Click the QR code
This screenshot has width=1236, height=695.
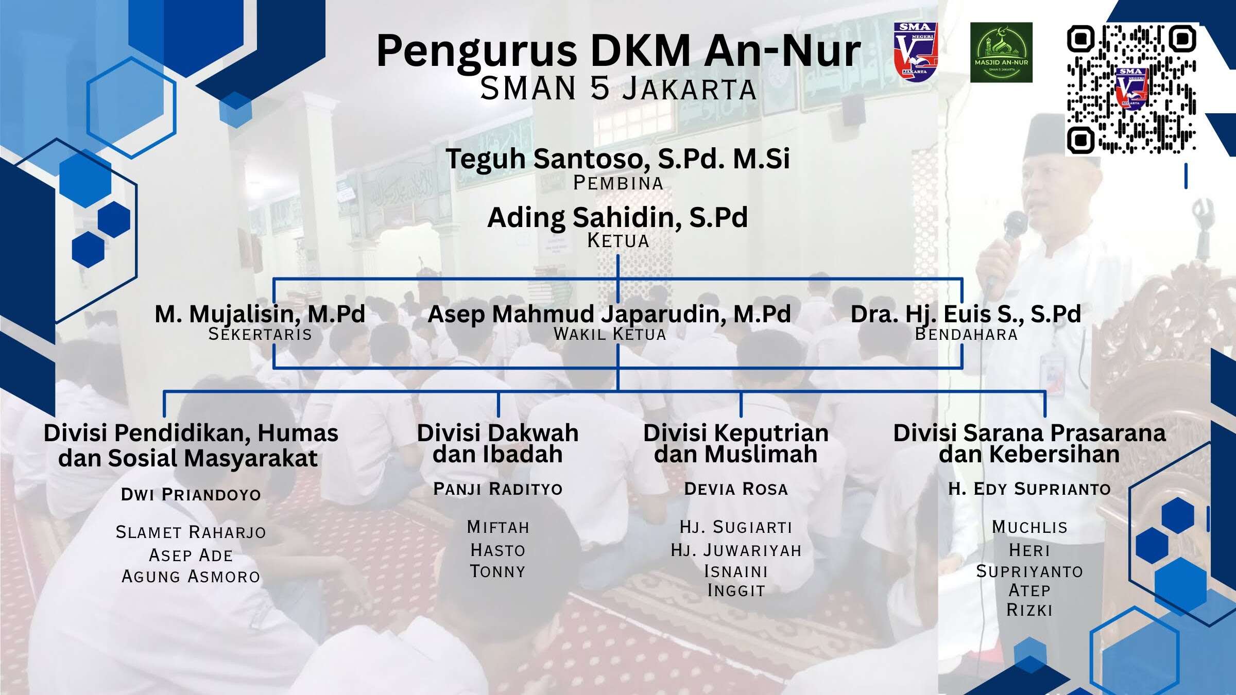pos(1131,89)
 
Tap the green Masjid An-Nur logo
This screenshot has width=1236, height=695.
pos(1001,53)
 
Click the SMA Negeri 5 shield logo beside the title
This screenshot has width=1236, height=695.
pos(915,51)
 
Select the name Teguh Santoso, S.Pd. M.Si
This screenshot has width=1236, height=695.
pos(617,159)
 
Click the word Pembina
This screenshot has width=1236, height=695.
pos(618,183)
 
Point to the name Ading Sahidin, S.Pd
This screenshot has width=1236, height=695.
pos(617,217)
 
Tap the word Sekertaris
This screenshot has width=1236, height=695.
pos(260,334)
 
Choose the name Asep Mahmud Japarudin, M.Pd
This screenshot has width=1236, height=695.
pos(609,315)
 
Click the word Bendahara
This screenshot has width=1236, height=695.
pos(966,334)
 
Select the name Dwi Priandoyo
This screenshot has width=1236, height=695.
pos(191,494)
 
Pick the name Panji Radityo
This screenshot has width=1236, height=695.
pos(498,489)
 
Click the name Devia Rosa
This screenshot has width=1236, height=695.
pos(736,489)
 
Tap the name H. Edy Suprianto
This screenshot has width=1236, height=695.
pos(1029,489)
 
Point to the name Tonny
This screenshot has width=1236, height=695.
pos(497,571)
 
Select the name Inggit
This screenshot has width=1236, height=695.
pos(736,590)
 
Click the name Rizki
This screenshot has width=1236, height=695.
pos(1029,610)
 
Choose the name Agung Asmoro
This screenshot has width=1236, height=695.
pos(191,576)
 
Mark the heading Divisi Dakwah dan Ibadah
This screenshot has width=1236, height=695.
pos(497,443)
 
